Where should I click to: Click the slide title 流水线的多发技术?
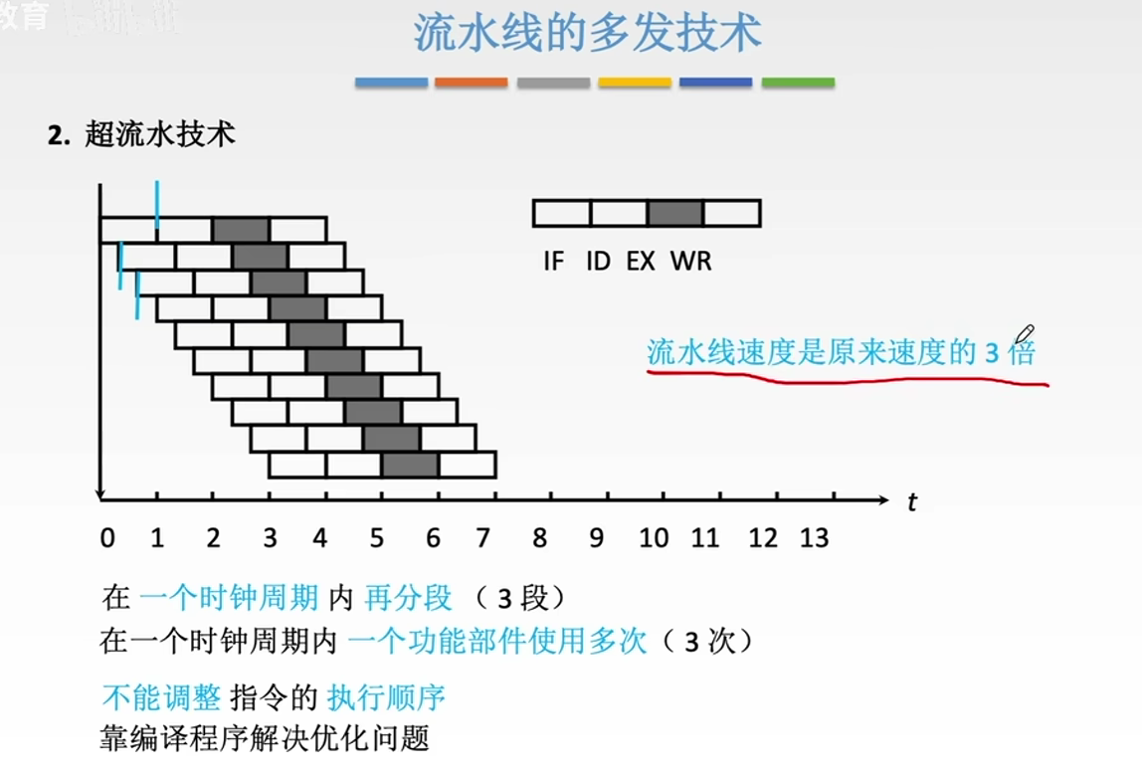tap(587, 33)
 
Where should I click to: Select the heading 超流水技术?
tap(160, 135)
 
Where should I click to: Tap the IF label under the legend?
tap(554, 262)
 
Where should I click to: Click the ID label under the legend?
tap(597, 262)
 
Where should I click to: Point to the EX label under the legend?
tap(641, 262)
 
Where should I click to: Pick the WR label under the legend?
tap(690, 262)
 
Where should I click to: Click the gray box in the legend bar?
tap(675, 213)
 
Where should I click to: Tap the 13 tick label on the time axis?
tap(814, 538)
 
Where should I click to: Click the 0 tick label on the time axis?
tap(107, 538)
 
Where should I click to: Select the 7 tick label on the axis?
tap(482, 538)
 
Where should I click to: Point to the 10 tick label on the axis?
tap(653, 538)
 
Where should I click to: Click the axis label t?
tap(911, 503)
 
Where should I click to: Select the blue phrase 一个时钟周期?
tap(229, 598)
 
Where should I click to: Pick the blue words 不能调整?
tap(161, 697)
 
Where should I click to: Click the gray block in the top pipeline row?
tap(241, 230)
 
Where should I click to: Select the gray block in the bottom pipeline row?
tap(410, 465)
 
